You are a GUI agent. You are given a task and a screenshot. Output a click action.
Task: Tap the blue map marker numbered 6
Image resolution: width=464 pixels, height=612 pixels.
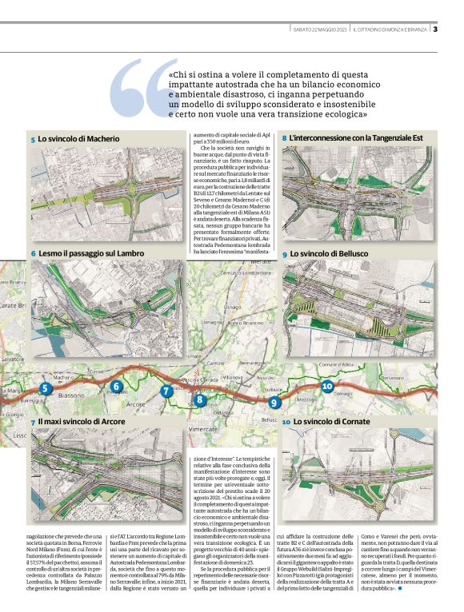tap(117, 387)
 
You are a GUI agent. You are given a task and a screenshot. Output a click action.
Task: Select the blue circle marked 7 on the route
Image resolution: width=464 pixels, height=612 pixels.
tap(166, 391)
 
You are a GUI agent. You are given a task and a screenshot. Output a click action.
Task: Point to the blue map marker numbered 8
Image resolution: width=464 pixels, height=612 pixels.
tap(200, 400)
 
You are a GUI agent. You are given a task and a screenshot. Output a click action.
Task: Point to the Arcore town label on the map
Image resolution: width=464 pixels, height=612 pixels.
tap(136, 405)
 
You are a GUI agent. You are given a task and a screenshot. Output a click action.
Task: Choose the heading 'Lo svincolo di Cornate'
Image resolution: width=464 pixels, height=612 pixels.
tap(327, 421)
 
